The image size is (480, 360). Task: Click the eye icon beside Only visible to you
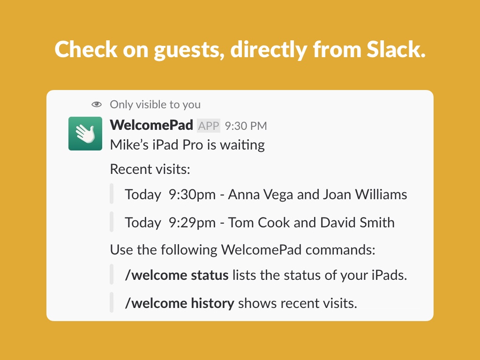click(97, 105)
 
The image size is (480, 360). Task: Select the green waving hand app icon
click(85, 134)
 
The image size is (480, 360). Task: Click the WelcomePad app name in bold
click(151, 125)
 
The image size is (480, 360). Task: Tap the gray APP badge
click(209, 126)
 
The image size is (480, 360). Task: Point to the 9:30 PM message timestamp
click(246, 126)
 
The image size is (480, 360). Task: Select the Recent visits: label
click(150, 169)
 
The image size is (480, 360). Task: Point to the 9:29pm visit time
click(192, 223)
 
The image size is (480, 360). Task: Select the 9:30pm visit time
click(192, 195)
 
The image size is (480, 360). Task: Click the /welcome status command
click(177, 275)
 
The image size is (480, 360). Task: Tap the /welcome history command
click(180, 303)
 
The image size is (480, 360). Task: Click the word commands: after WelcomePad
click(340, 250)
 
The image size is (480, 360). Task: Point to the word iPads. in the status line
click(390, 275)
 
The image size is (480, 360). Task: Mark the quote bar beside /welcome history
click(112, 302)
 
